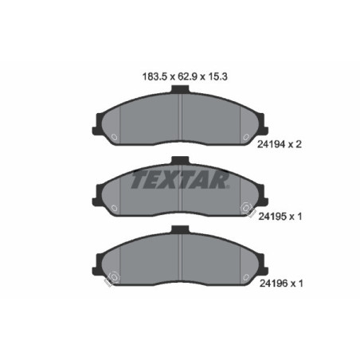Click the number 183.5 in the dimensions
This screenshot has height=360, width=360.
coord(143,78)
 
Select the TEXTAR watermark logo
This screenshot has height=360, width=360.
coord(180,180)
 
